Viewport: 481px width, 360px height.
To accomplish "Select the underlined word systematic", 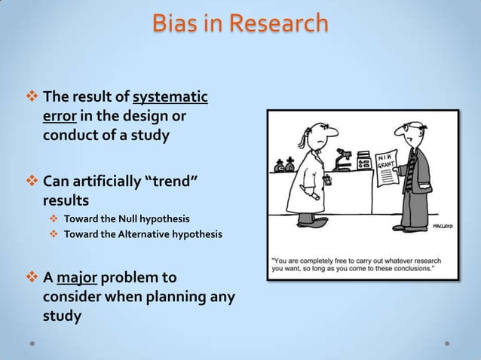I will tap(170, 98).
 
